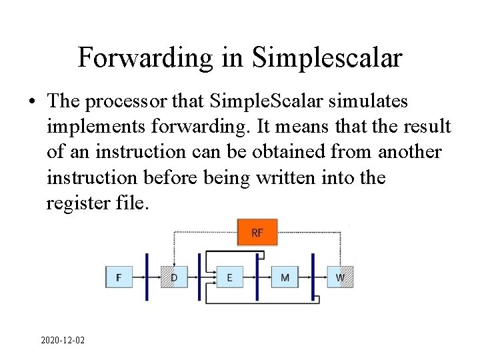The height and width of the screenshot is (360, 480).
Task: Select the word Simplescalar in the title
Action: [x=327, y=57]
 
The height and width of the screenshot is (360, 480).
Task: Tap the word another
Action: [x=409, y=151]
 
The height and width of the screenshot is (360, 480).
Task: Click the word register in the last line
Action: [x=71, y=203]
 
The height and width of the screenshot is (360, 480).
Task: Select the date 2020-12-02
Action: [x=63, y=340]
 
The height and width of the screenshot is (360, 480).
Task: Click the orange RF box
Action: [x=257, y=233]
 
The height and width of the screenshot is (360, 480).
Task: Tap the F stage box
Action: [x=119, y=277]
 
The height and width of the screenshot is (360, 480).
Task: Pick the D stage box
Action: [x=174, y=277]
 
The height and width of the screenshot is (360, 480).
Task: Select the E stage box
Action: [x=229, y=277]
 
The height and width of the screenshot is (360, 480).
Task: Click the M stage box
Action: [x=285, y=277]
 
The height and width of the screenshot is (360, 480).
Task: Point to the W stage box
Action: [x=340, y=277]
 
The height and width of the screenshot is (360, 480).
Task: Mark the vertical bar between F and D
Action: [x=147, y=277]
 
